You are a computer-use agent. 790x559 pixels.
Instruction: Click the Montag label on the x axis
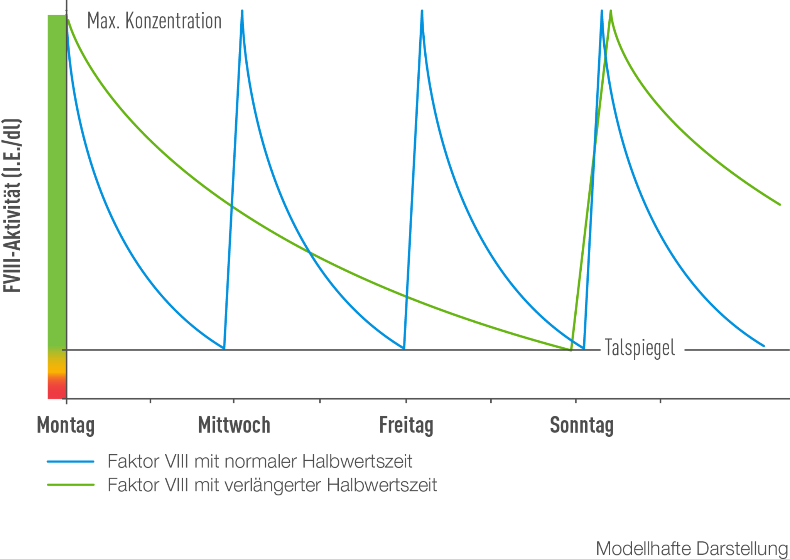(66, 425)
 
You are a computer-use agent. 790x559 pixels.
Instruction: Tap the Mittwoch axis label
(234, 425)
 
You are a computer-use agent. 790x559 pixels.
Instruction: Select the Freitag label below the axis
(406, 425)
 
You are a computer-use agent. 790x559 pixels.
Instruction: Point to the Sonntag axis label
(582, 425)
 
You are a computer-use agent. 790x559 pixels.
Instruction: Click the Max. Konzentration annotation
(154, 21)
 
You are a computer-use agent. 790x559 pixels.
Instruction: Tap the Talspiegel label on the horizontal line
(640, 348)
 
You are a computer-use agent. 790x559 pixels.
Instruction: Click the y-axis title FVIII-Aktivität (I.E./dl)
(12, 205)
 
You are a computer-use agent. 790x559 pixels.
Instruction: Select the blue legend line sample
(71, 461)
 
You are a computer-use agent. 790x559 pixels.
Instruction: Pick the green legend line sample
(71, 485)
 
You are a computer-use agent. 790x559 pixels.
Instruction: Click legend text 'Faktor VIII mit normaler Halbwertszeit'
(260, 461)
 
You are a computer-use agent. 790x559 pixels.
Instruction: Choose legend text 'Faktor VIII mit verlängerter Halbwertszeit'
(272, 485)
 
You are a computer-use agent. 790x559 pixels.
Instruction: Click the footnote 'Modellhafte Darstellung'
(692, 548)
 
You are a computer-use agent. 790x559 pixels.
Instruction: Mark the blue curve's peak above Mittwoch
(242, 11)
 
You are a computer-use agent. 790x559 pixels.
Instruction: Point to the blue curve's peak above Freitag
(422, 11)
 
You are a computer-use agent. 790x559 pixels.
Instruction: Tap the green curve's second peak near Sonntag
(611, 11)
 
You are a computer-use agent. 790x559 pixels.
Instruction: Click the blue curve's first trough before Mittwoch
(224, 349)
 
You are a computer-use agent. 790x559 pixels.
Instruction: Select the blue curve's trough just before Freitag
(404, 349)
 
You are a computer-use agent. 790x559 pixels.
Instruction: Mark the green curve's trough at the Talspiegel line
(571, 350)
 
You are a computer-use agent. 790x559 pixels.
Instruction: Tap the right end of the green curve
(780, 204)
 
